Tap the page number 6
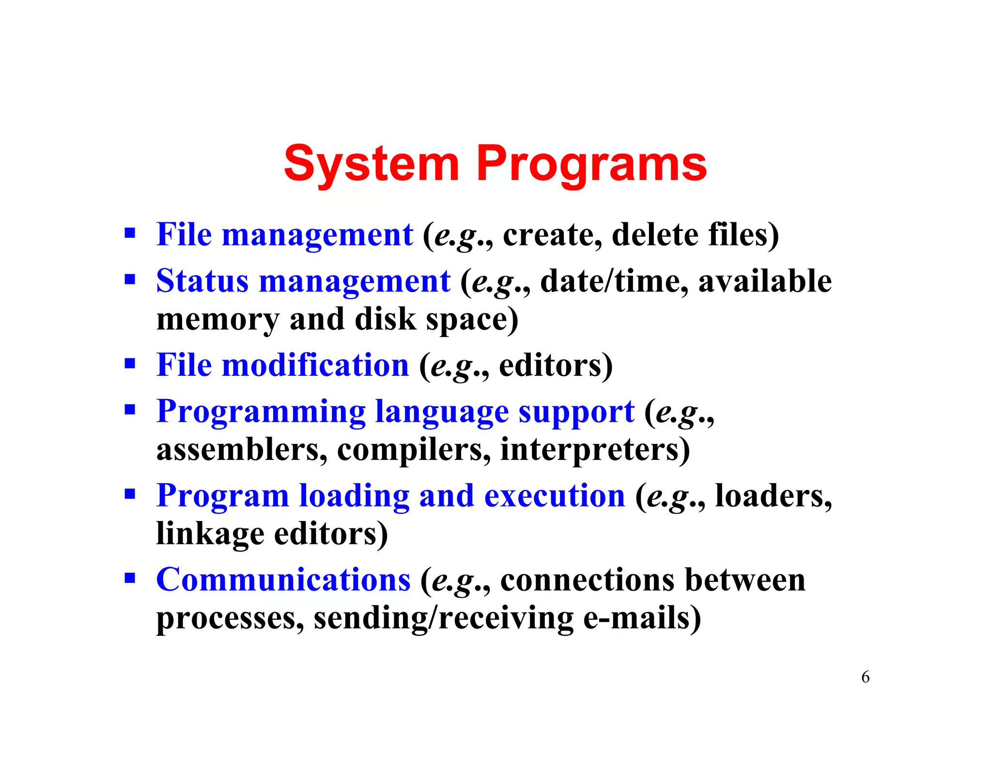tap(865, 677)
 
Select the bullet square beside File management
tap(129, 233)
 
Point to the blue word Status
tap(202, 281)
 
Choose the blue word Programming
tap(261, 412)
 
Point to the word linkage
tap(210, 534)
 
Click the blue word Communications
tap(283, 580)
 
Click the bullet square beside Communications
tap(129, 578)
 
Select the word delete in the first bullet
tap(655, 234)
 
